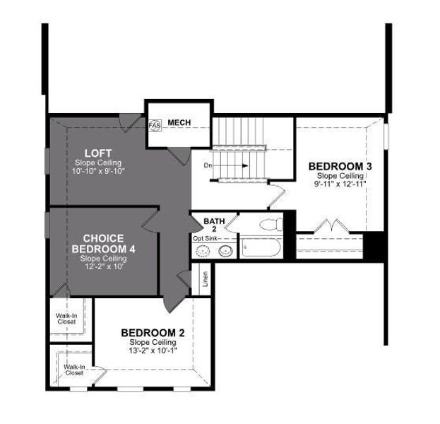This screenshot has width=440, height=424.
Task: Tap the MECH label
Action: point(179,123)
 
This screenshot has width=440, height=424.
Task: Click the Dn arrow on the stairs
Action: point(227,165)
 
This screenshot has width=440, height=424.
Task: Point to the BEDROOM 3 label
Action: point(340,166)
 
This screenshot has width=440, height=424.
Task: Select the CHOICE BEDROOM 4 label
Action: point(103,243)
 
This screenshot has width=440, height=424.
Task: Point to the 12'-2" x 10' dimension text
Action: point(103,266)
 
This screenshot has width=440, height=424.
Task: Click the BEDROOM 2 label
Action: point(153,333)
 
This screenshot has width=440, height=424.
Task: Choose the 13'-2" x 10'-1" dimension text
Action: point(153,350)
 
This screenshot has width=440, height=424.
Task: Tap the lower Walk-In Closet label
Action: point(74,370)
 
